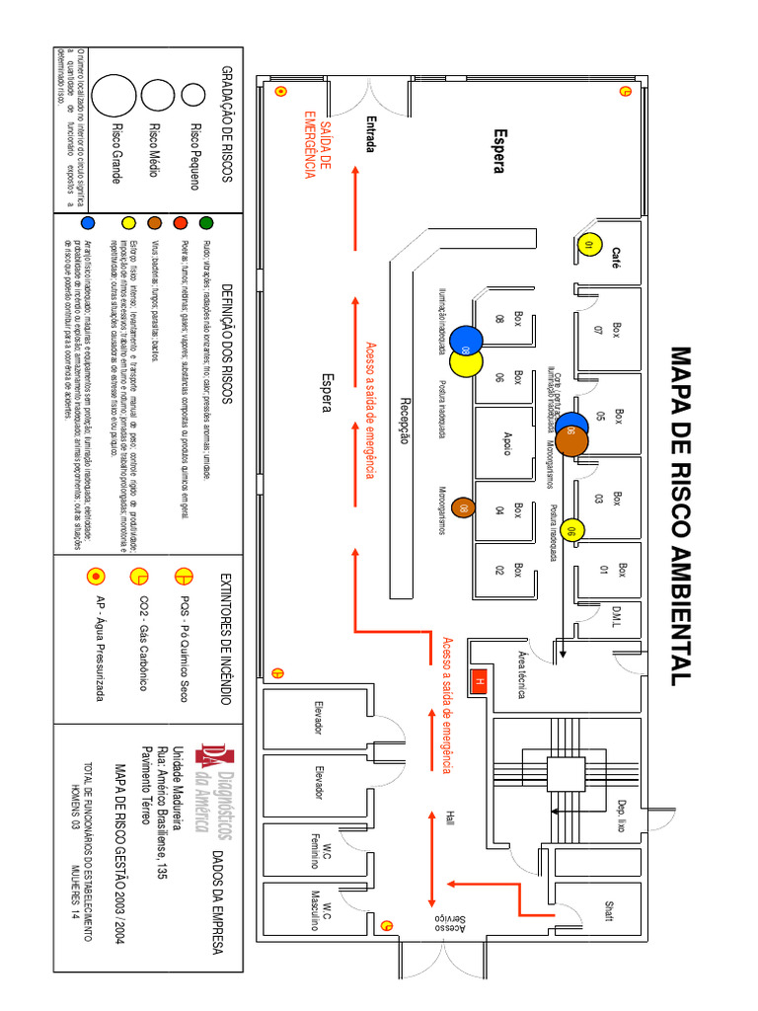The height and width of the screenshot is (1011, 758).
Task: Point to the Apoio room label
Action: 507,443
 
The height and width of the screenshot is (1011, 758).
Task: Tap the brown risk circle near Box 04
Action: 461,508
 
